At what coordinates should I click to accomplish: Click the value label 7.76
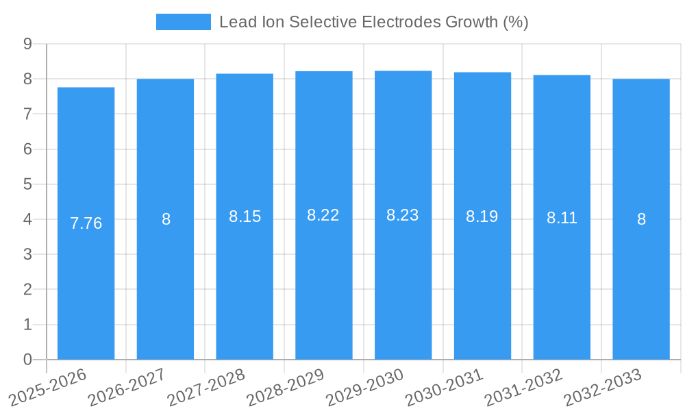click(86, 223)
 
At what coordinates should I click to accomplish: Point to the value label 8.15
click(245, 216)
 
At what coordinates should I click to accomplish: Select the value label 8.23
click(403, 215)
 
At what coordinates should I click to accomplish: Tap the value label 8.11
click(562, 218)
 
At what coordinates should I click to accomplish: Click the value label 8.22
click(323, 215)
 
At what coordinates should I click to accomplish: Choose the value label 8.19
click(482, 216)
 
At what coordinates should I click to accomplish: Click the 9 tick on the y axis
click(27, 44)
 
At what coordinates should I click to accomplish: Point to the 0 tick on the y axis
click(27, 360)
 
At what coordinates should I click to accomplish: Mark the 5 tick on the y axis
click(27, 184)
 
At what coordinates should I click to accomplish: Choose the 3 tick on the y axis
click(27, 254)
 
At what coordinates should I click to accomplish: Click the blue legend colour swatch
click(184, 22)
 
